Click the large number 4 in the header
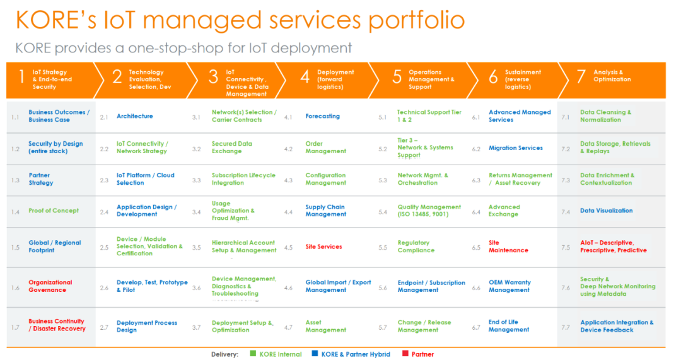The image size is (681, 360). [305, 77]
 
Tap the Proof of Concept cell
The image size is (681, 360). [54, 211]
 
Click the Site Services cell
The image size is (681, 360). [323, 247]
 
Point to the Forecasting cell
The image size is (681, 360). [322, 116]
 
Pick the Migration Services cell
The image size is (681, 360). [515, 148]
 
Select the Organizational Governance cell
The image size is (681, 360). [50, 286]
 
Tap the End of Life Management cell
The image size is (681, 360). [509, 326]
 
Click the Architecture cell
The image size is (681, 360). [134, 116]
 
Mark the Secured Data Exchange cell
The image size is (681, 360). [231, 148]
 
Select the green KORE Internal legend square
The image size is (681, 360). [252, 354]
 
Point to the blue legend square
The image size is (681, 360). [314, 354]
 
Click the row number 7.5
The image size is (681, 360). [566, 247]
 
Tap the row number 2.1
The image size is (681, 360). [104, 117]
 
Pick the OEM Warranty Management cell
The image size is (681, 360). [509, 286]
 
